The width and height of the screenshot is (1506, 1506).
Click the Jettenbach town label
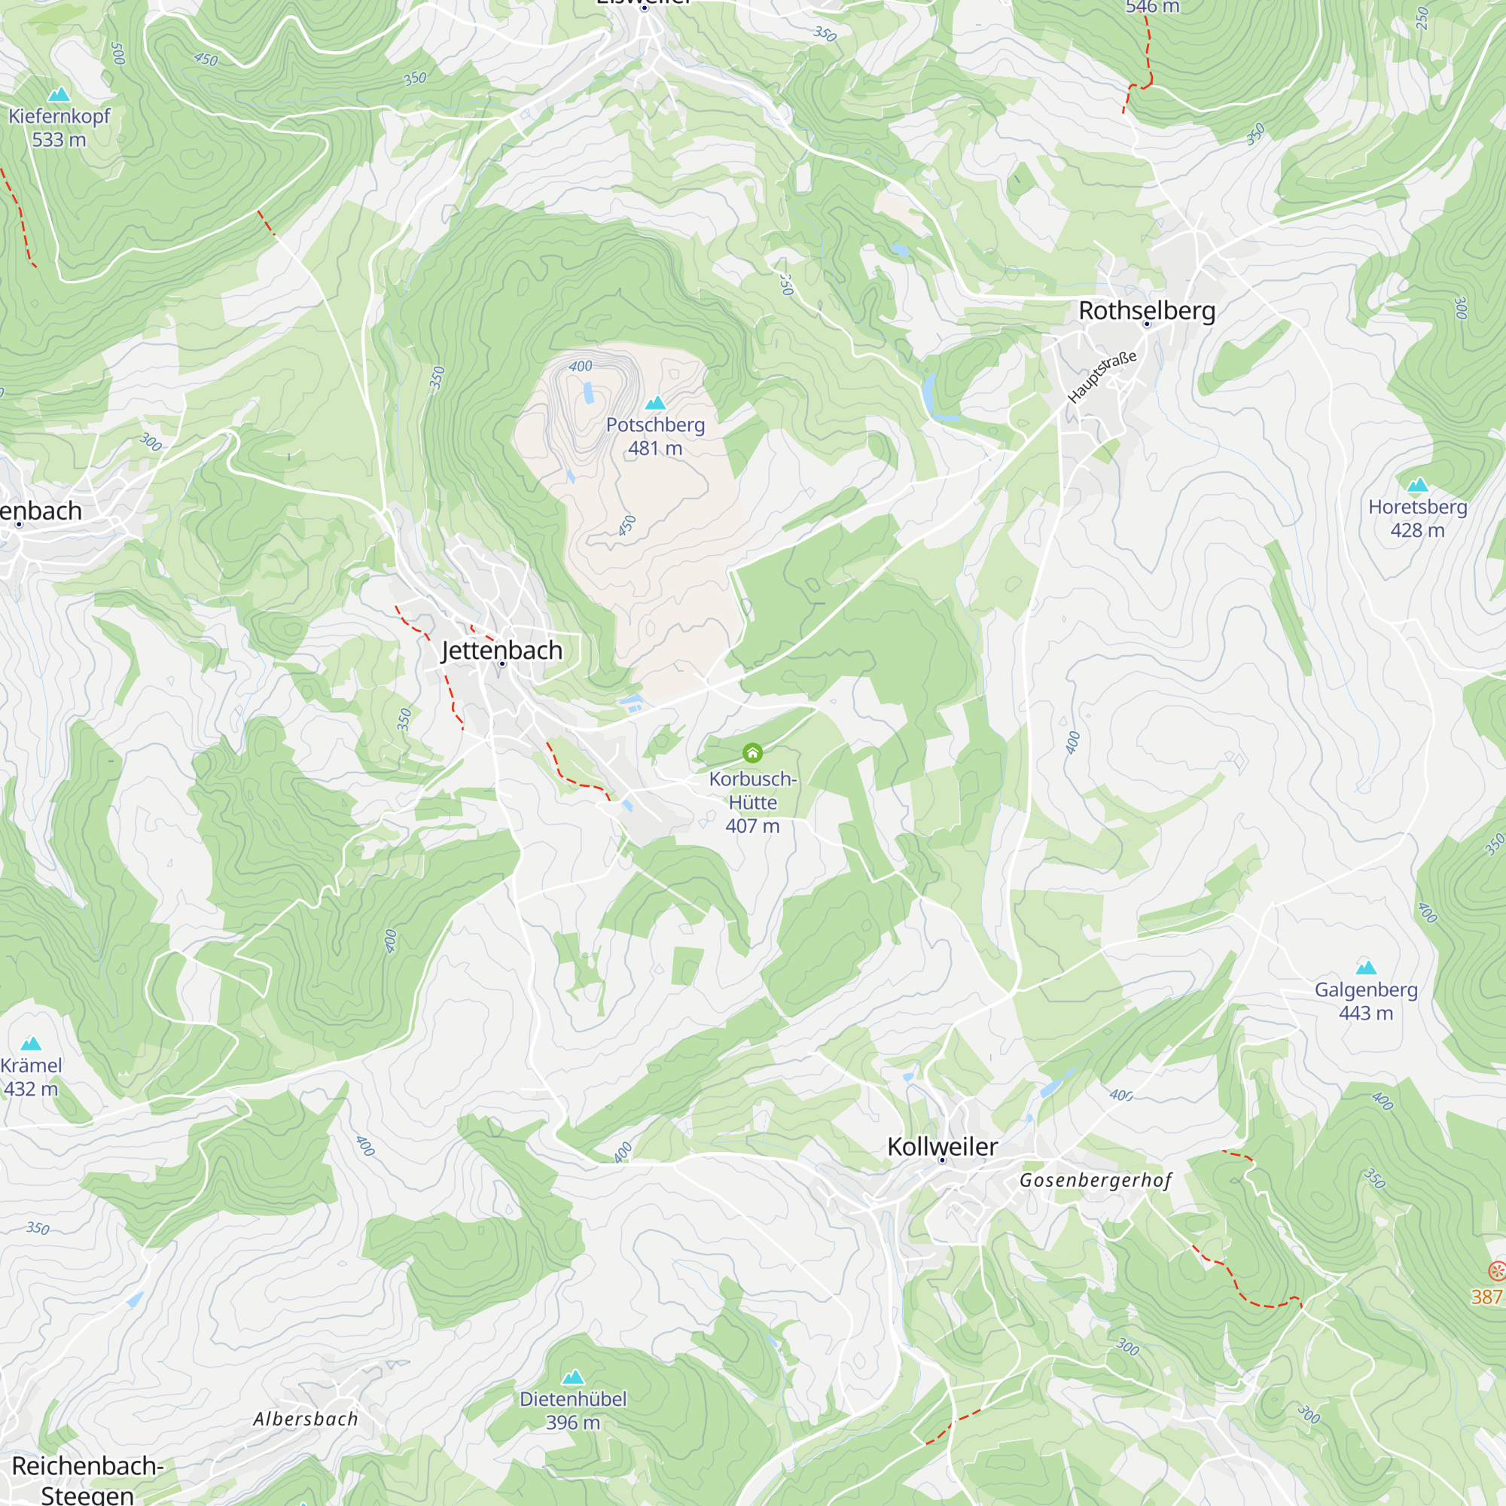coord(501,649)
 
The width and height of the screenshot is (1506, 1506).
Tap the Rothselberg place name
coord(1147,310)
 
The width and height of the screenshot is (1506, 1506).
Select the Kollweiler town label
coord(942,1146)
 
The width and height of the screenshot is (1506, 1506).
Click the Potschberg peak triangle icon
coord(656,403)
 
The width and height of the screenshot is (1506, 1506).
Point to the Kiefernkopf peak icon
coord(59,95)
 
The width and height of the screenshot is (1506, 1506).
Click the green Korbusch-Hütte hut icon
coord(752,752)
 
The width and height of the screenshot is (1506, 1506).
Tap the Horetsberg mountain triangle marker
coord(1417,485)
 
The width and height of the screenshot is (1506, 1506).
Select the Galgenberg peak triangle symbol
coord(1366,968)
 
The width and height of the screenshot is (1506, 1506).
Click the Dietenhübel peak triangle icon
coord(573,1377)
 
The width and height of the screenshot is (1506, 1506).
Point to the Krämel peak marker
coord(31,1044)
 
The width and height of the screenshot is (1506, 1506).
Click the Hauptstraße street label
coord(1102,376)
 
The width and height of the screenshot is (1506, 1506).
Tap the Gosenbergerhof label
coord(1095,1180)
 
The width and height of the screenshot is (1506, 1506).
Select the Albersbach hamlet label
coord(306,1419)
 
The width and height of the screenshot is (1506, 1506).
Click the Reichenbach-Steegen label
coord(87,1480)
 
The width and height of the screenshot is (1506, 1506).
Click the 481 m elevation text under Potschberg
coord(655,448)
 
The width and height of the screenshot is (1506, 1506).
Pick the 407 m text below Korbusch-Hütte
coord(752,826)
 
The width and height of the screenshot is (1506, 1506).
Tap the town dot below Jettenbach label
coord(502,663)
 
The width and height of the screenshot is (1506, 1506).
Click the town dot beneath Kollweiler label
coord(942,1160)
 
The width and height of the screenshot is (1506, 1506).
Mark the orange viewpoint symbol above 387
coord(1497,1271)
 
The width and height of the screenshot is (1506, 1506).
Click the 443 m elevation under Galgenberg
coord(1366,1014)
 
